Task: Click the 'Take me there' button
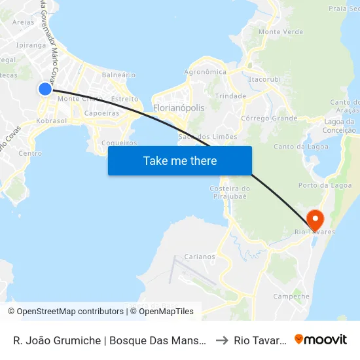pyautogui.click(x=179, y=160)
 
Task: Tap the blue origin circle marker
pyautogui.click(x=45, y=89)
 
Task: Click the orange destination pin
pyautogui.click(x=314, y=217)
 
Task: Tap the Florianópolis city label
pyautogui.click(x=178, y=107)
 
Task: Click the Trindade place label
pyautogui.click(x=230, y=96)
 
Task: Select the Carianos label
pyautogui.click(x=200, y=257)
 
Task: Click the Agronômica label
pyautogui.click(x=206, y=72)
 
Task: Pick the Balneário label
pyautogui.click(x=118, y=75)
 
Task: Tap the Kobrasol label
pyautogui.click(x=52, y=121)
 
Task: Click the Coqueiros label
pyautogui.click(x=120, y=143)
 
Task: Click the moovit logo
pyautogui.click(x=321, y=339)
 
